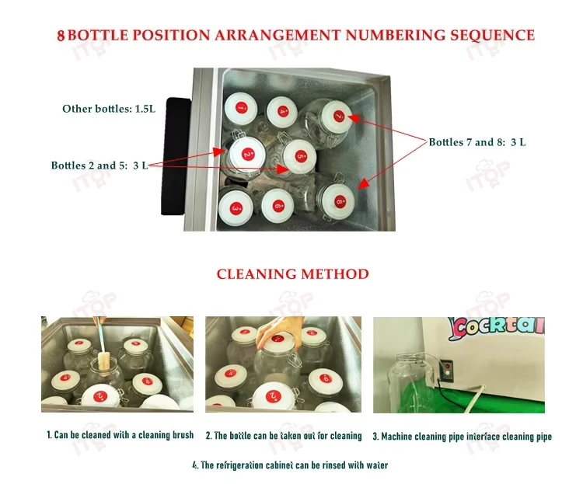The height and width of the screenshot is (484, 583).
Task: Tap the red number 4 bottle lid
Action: pos(281,111)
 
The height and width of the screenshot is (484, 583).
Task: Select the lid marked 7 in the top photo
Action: pos(337,116)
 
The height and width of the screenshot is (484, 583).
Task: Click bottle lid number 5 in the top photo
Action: pos(300,157)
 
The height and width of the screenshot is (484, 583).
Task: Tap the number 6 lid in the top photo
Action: pos(277,205)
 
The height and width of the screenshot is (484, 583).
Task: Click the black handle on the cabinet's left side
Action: pos(176,155)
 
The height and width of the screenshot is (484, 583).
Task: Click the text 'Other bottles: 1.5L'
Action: pos(109,109)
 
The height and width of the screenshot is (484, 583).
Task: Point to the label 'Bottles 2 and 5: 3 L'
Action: pos(99,165)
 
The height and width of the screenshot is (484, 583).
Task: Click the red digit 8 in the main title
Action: pos(61,36)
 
